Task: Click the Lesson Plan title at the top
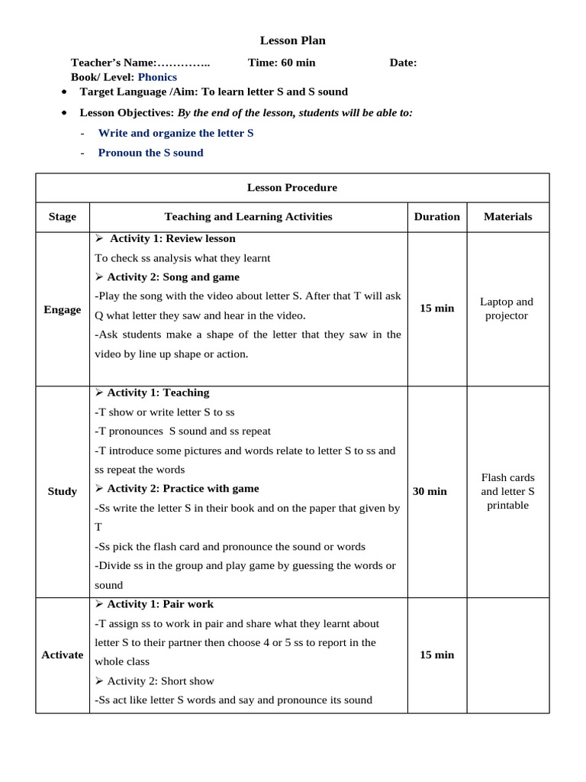point(292,40)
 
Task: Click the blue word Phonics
point(157,77)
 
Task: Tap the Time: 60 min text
point(282,63)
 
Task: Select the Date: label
point(403,63)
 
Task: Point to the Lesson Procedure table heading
point(292,187)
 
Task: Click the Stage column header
point(63,217)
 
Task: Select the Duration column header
point(436,217)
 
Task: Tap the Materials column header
point(507,217)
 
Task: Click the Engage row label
point(63,309)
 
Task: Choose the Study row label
point(63,491)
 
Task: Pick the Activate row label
point(63,654)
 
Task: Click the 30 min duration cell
point(430,491)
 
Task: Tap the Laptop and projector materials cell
point(507,309)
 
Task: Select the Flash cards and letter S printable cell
point(507,491)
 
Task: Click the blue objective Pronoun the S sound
point(150,153)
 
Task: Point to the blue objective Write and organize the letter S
point(175,133)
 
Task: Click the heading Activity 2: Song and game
point(172,277)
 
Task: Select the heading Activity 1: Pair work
point(160,604)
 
